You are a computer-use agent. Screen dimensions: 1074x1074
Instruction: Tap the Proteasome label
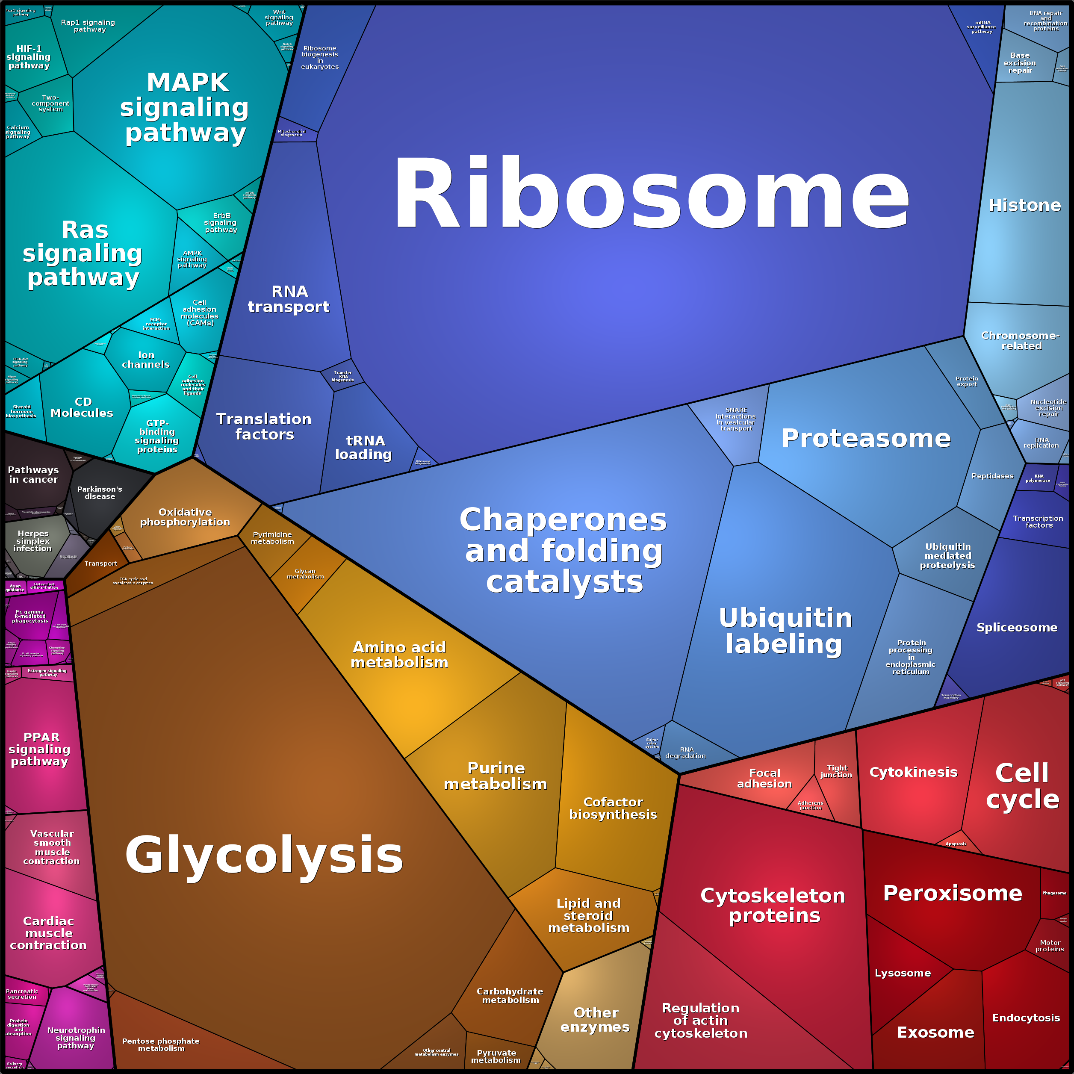865,439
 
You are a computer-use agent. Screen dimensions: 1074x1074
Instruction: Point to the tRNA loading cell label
364,448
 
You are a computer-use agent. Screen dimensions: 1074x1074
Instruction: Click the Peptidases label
992,476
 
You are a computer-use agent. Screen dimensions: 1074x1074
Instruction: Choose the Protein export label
967,381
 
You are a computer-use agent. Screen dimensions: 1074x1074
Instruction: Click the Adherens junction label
810,805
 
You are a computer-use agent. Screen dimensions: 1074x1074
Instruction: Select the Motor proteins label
1050,946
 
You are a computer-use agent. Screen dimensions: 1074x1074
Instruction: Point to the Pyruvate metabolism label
496,1056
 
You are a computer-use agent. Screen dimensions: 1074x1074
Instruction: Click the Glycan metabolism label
305,574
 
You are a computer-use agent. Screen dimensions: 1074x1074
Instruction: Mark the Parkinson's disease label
100,493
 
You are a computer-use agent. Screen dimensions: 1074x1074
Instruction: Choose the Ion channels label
146,360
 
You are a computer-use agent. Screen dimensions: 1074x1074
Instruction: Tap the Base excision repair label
1020,63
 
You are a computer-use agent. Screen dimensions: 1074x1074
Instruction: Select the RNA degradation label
686,752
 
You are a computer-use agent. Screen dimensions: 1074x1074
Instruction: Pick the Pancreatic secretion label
22,994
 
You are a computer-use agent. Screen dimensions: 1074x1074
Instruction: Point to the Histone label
1024,206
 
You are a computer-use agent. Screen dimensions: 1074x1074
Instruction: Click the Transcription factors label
1038,522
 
